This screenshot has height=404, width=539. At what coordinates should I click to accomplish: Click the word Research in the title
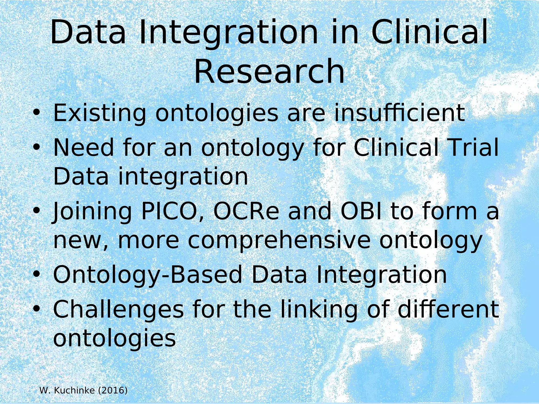tap(269, 72)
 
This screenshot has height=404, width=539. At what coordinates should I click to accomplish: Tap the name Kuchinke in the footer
tap(74, 390)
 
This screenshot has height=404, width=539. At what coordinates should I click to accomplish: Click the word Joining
tap(92, 213)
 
